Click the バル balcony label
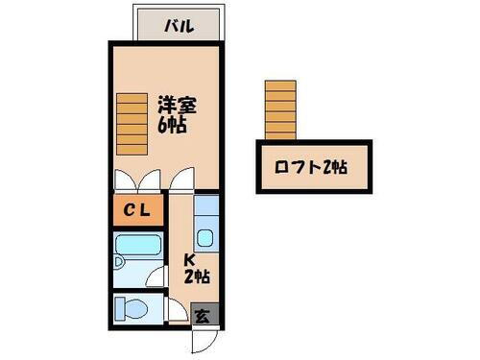[x=180, y=26]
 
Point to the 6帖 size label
[x=172, y=124]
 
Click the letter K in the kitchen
[x=190, y=260]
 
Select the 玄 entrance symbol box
[x=204, y=313]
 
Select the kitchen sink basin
[x=205, y=237]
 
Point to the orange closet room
[x=136, y=211]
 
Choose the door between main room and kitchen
[x=183, y=181]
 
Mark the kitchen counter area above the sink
[x=205, y=207]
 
